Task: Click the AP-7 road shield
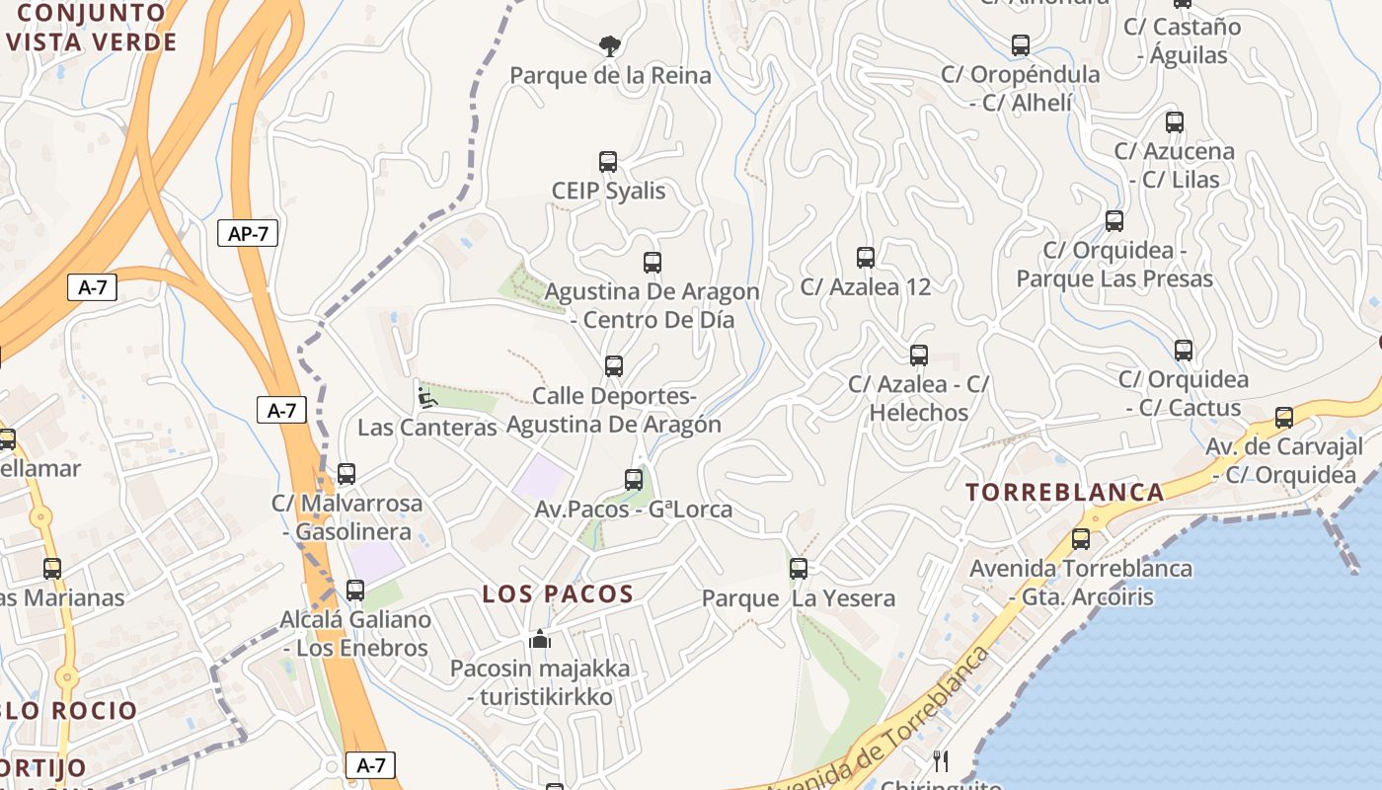tap(248, 234)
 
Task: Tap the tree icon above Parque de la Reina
tap(610, 44)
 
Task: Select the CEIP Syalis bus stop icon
tap(608, 162)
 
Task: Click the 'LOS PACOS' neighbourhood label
tap(558, 594)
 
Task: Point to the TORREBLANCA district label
tap(1065, 492)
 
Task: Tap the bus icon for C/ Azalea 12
tap(866, 258)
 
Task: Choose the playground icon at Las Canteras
tap(426, 397)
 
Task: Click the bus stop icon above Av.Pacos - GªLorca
tap(634, 480)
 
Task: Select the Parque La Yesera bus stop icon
tap(799, 569)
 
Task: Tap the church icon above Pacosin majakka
tap(540, 640)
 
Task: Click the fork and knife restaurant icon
tap(941, 760)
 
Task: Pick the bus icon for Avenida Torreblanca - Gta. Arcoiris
tap(1081, 539)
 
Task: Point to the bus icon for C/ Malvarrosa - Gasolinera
tap(346, 473)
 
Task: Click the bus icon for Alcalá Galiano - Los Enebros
tap(355, 591)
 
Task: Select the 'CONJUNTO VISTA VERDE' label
tap(91, 28)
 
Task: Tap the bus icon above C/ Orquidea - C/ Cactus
tap(1184, 350)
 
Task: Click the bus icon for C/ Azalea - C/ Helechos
tap(919, 355)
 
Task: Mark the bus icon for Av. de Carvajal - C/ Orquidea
tap(1284, 418)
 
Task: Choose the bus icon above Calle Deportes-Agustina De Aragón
tap(614, 366)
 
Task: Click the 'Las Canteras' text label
tap(426, 428)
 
